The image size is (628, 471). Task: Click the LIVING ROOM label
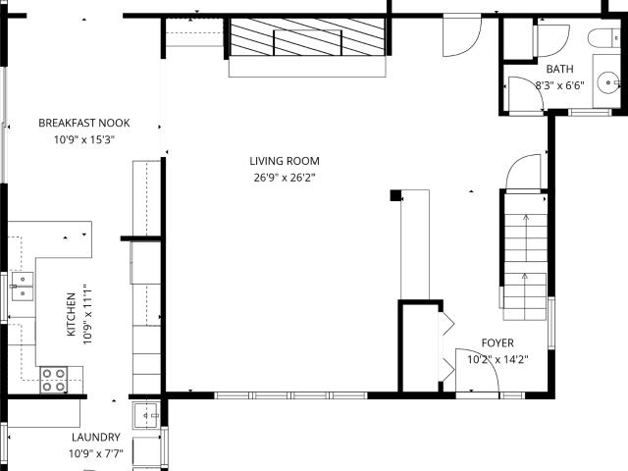pos(285,161)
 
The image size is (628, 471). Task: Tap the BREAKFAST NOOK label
pos(84,123)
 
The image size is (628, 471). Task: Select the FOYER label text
pos(497,342)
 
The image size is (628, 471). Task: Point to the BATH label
pos(559,69)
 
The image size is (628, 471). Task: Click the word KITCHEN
pos(71,314)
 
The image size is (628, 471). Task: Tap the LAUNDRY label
pos(96,437)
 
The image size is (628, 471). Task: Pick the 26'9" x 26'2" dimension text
pos(285,178)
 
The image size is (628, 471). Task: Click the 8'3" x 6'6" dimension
pos(559,85)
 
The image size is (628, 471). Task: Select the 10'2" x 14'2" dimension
pos(497,359)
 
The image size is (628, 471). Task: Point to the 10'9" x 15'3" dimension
pos(84,139)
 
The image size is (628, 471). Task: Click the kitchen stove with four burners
pos(54,380)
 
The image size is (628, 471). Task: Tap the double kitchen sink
pos(23,287)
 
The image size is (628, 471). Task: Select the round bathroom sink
pos(608,82)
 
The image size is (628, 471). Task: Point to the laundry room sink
pos(146,415)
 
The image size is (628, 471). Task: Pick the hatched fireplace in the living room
pos(307,37)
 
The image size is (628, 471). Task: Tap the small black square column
pos(395,195)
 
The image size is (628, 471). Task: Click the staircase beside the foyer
pos(525,256)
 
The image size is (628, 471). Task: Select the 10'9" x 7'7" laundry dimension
pos(96,453)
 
